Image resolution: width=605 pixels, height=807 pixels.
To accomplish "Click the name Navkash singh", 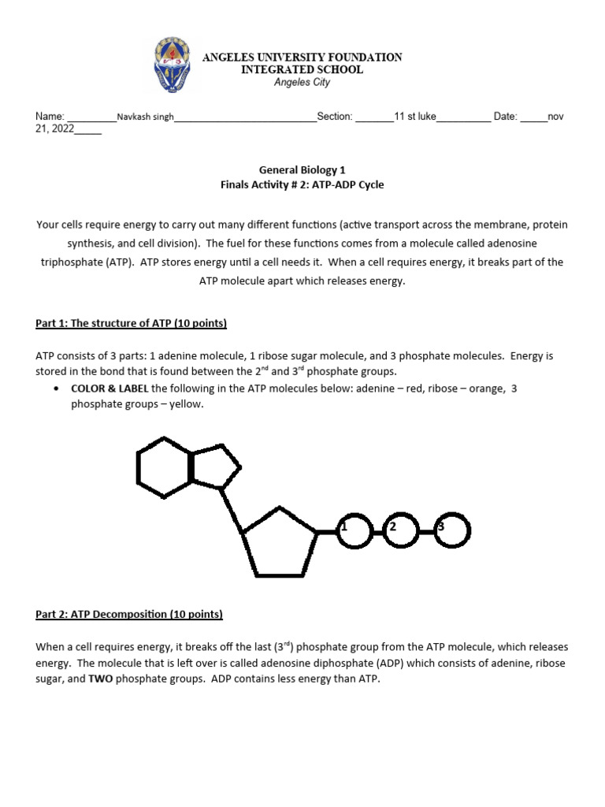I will pos(145,117).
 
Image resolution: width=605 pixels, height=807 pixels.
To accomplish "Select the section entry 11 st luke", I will pos(415,117).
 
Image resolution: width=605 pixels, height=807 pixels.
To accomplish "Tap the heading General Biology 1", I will pos(302,169).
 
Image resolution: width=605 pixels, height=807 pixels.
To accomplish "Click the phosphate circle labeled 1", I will pos(354,532).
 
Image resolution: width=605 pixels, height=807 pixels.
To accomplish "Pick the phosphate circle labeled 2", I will pos(402,532).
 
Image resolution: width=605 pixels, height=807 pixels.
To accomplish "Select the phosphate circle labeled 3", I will pos(451,532).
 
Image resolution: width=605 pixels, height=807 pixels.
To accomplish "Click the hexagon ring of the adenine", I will pos(164,468).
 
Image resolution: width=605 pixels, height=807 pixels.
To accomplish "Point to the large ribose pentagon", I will pos(280,542).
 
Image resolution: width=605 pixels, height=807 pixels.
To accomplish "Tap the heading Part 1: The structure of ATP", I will pos(132,324).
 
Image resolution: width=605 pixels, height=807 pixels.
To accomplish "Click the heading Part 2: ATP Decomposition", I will pos(129,614).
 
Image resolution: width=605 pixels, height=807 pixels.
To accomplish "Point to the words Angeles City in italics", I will pos(302,82).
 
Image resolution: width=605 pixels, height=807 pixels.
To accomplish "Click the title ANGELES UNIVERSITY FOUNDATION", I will pos(302,58).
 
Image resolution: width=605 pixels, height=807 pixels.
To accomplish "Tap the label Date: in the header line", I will pos(505,117).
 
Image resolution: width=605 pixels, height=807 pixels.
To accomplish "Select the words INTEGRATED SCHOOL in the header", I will pos(302,69).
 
